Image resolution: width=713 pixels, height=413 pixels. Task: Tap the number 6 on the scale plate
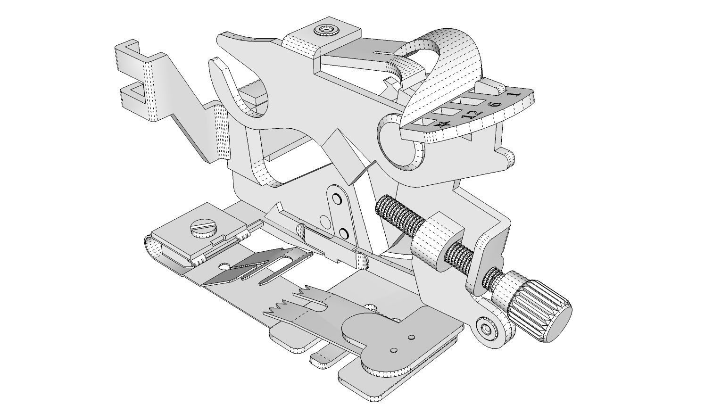495,103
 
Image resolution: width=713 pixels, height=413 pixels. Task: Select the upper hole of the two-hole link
337,198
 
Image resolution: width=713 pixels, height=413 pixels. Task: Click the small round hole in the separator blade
225,267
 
